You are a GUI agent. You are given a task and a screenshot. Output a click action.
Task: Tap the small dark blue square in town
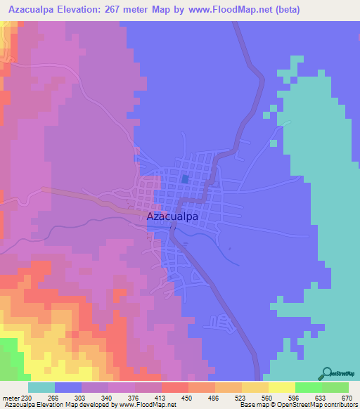click(185, 179)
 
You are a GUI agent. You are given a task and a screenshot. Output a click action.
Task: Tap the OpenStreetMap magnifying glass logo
click(326, 373)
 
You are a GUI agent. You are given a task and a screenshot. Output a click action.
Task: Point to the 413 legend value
click(161, 398)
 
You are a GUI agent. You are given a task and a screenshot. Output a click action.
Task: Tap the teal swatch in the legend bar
click(41, 387)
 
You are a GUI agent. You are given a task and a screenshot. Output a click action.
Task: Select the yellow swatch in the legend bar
click(282, 387)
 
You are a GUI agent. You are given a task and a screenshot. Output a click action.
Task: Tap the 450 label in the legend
click(187, 398)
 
